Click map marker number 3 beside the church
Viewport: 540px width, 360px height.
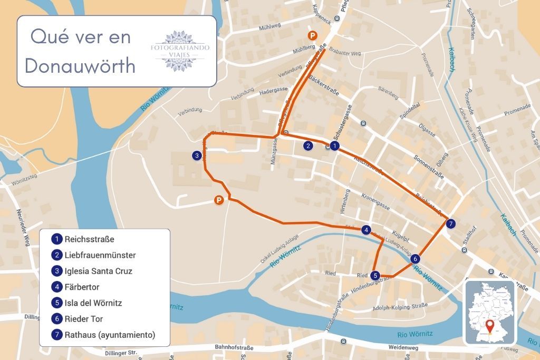tap(196, 155)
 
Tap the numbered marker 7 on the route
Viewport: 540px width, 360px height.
tap(450, 224)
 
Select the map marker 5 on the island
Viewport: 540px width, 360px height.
tap(374, 275)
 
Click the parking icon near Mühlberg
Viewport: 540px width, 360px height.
tap(313, 36)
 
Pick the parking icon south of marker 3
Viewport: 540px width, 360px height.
tap(218, 200)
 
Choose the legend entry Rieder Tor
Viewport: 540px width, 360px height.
tap(83, 319)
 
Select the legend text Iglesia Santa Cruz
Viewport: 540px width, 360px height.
tap(98, 271)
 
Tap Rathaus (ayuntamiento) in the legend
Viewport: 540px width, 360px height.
tap(109, 335)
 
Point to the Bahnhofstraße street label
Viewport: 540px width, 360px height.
tap(234, 348)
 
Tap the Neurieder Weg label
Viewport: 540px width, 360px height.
tap(22, 224)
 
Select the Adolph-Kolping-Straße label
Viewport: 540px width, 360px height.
tap(400, 307)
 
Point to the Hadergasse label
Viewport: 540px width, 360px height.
tap(274, 91)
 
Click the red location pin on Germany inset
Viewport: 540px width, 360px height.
tap(490, 326)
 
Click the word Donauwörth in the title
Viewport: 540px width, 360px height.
tap(80, 66)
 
